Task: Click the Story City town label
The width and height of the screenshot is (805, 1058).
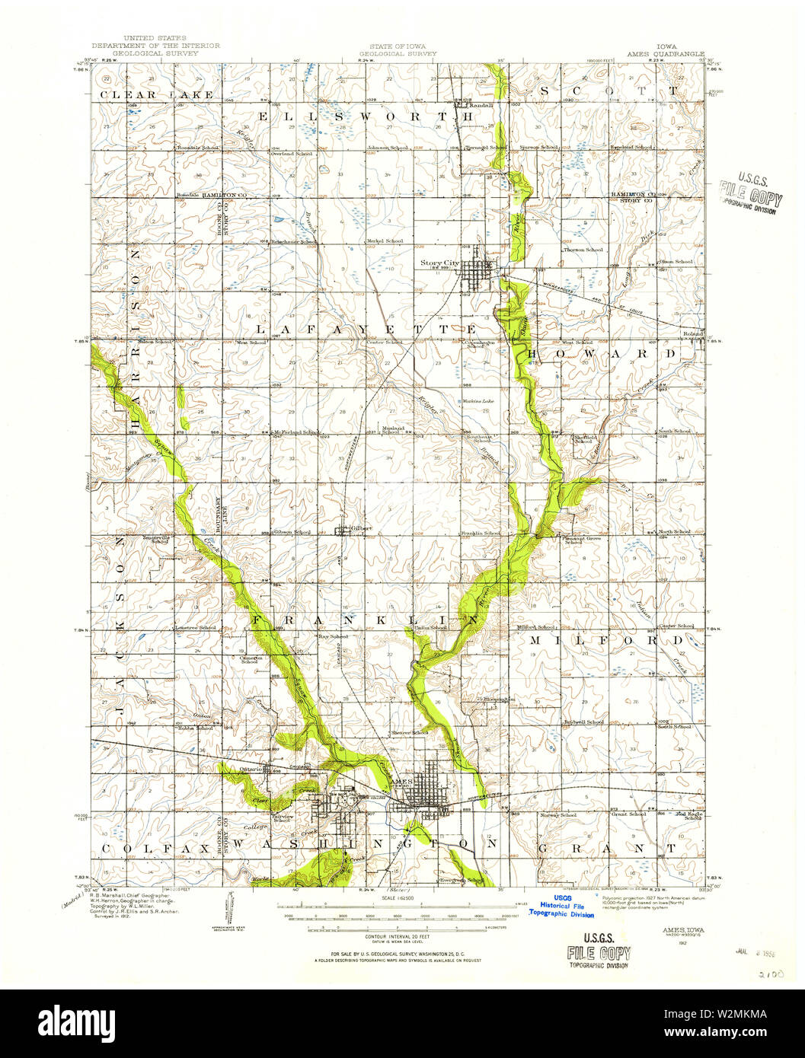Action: pos(440,263)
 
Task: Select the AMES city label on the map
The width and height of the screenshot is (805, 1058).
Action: pos(401,782)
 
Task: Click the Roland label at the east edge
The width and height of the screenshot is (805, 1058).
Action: pos(693,333)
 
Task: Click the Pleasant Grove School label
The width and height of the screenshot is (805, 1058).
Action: pos(583,540)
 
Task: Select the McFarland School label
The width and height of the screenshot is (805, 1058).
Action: pos(296,432)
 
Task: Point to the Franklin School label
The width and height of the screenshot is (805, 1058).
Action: pos(480,533)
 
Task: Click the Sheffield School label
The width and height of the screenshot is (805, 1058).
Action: pos(584,439)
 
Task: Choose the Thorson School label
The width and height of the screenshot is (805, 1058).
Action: pos(583,250)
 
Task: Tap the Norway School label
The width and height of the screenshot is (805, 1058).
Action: pos(558,814)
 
